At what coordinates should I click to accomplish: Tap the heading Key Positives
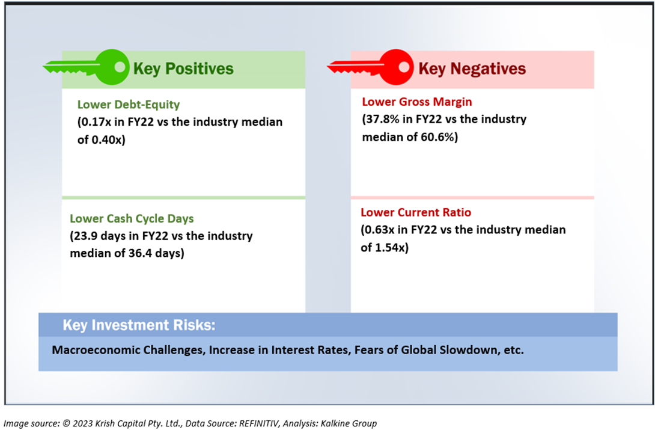(183, 69)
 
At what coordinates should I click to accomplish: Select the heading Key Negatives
(472, 69)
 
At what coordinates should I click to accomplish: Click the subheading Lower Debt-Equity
(129, 105)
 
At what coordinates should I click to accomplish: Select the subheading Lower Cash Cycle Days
(132, 218)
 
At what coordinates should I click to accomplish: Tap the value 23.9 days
(101, 236)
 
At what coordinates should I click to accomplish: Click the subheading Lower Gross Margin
(417, 102)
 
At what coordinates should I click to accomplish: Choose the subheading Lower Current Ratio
(416, 212)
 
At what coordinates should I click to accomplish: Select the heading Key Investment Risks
(139, 325)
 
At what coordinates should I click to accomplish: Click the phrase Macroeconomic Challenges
(128, 350)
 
